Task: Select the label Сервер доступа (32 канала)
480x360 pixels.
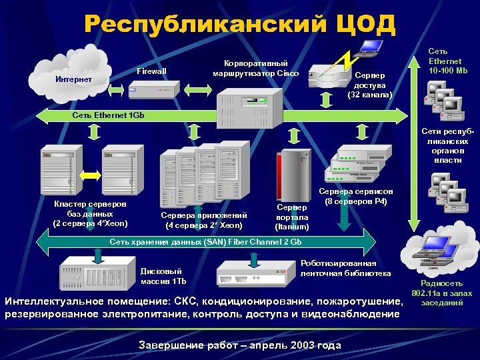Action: (x=370, y=85)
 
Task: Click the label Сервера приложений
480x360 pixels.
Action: (x=204, y=219)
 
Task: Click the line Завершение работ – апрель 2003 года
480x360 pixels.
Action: (x=239, y=345)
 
